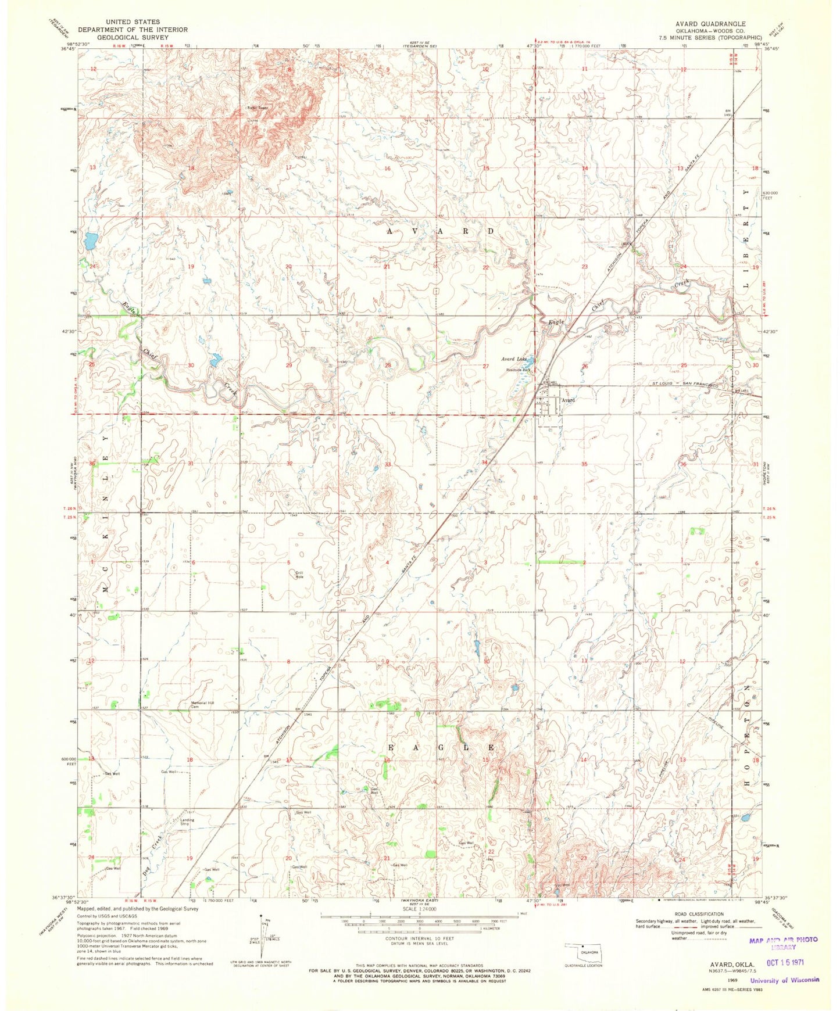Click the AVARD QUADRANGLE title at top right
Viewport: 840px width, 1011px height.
tap(710, 24)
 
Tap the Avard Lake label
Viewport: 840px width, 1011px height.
tap(514, 359)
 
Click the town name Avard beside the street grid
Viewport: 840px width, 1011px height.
tap(568, 400)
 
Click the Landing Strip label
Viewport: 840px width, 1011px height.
tap(187, 822)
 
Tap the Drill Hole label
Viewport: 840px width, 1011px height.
tap(299, 575)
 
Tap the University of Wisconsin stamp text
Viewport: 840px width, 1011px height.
tap(784, 980)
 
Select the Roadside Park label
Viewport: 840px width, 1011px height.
tap(518, 370)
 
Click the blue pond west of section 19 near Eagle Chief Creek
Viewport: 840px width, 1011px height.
tap(90, 239)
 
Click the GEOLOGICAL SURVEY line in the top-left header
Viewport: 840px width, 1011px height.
tap(133, 37)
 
